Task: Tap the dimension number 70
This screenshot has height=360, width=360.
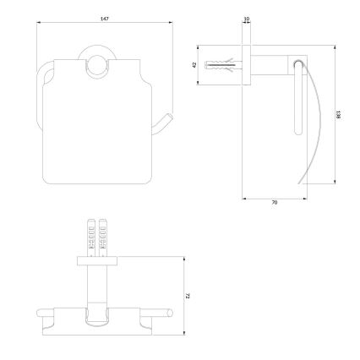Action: [x=274, y=204]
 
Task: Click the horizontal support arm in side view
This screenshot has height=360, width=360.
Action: [x=270, y=63]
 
